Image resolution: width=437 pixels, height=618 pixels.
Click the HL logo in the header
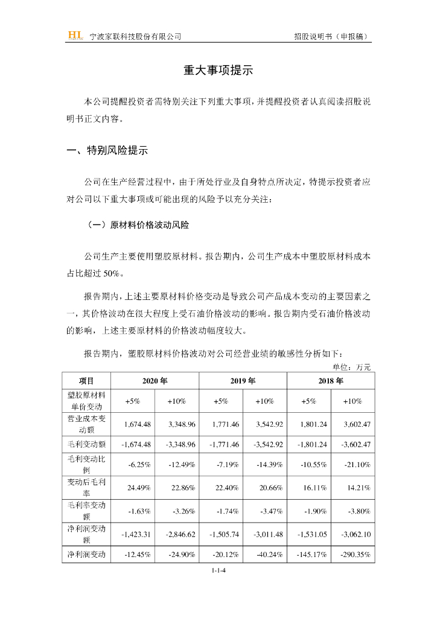click(75, 36)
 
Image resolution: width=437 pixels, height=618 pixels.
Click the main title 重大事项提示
click(218, 71)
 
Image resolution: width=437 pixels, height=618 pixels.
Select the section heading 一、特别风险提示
click(107, 151)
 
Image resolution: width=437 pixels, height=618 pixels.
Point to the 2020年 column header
click(155, 381)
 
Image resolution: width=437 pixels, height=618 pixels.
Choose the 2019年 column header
click(243, 381)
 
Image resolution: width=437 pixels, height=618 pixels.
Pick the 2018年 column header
click(330, 381)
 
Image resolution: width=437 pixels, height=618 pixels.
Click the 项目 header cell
click(86, 381)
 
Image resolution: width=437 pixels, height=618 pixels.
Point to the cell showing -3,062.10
click(354, 534)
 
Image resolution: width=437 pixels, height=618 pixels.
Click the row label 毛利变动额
click(86, 444)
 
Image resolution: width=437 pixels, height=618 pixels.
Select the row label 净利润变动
click(86, 554)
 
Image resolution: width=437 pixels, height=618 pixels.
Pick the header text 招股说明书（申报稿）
click(331, 36)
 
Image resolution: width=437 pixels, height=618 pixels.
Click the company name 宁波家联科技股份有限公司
click(135, 36)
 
